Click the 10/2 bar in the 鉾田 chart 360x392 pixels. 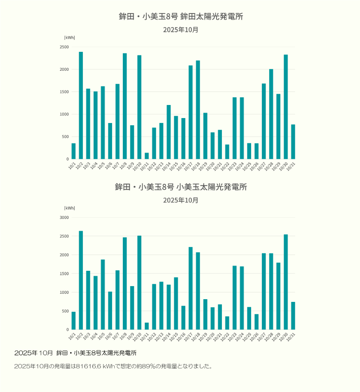81,105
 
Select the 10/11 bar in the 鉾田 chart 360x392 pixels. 147,156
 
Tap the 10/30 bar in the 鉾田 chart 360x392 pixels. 286,107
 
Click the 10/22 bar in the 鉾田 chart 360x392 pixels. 227,152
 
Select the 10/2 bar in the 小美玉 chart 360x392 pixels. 81,280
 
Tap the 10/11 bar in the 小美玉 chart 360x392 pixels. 147,326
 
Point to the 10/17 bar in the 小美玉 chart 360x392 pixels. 191,288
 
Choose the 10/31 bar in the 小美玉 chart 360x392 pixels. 293,316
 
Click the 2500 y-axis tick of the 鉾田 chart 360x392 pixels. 64,47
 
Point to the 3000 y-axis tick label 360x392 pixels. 64,217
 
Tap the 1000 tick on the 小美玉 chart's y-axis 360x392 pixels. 64,292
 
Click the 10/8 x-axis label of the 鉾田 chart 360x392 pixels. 123,166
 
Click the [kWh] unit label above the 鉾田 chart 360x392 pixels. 69,37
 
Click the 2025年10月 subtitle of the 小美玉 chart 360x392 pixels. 180,200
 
